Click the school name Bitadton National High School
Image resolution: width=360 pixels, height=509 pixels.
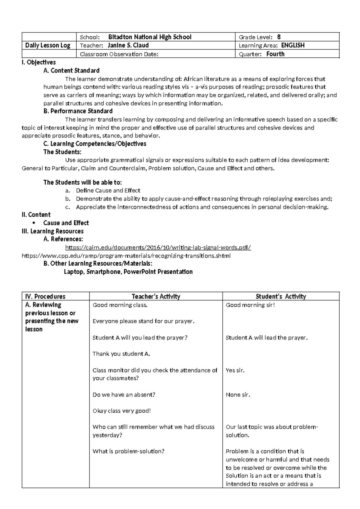pos(150,37)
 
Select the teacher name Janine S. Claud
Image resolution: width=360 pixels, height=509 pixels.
pos(128,45)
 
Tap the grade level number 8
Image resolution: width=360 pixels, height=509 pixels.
pos(279,37)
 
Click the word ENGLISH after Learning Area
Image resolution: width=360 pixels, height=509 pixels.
pos(293,45)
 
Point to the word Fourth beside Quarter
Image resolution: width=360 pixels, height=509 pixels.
pos(275,54)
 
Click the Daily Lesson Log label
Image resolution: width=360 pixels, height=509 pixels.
pos(48,45)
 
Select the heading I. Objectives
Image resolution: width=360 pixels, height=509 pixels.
pos(39,62)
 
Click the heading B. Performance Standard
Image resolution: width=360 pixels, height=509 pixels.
pos(78,111)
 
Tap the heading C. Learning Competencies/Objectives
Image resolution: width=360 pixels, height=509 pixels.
pos(95,144)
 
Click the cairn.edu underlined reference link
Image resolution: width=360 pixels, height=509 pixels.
pos(158,248)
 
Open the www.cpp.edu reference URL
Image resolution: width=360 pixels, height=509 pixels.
pos(126,256)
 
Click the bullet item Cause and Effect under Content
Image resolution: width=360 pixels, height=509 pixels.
pos(66,223)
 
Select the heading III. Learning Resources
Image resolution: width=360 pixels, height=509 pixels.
pos(52,231)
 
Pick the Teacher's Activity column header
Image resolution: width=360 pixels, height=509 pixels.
pos(156,297)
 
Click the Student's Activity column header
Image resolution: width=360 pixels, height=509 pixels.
pos(281,297)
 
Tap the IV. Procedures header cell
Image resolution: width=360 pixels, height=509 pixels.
pos(45,297)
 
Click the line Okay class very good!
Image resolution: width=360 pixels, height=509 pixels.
pos(121,411)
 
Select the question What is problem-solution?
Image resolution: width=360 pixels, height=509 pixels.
pos(128,451)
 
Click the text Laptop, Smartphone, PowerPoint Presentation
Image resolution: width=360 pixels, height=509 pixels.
pos(128,272)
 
